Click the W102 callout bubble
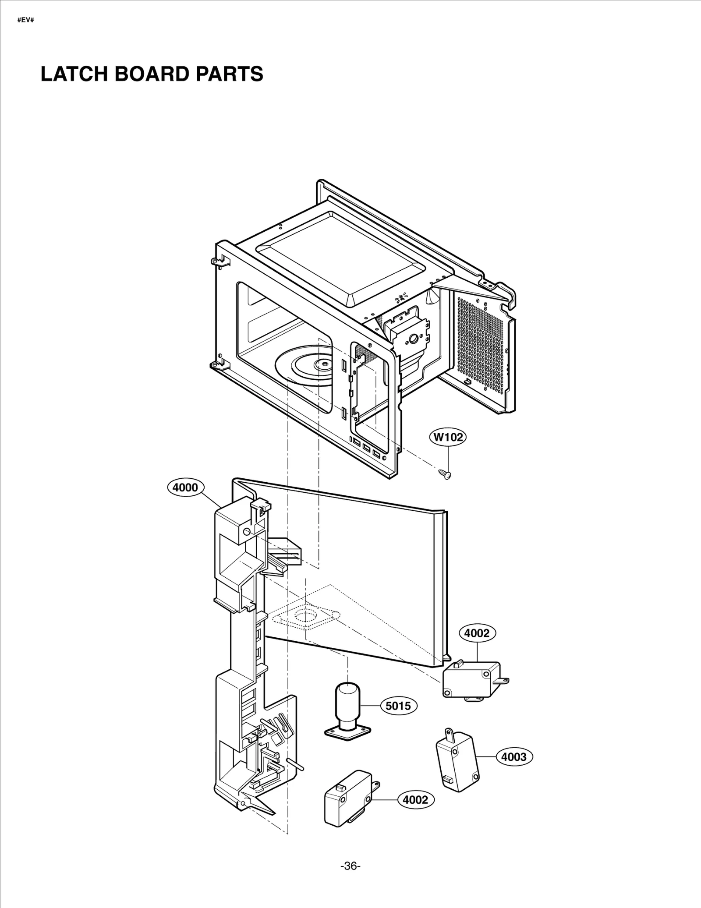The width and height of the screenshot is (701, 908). coord(448,437)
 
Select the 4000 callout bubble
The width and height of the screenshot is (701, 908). coord(186,488)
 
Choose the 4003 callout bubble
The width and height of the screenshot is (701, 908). coord(514,756)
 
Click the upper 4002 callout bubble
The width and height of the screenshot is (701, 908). coord(477,633)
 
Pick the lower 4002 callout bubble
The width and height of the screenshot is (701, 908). coord(415,800)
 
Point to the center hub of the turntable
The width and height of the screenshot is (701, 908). coord(324,363)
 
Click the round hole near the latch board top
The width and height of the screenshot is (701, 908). coord(246,532)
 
